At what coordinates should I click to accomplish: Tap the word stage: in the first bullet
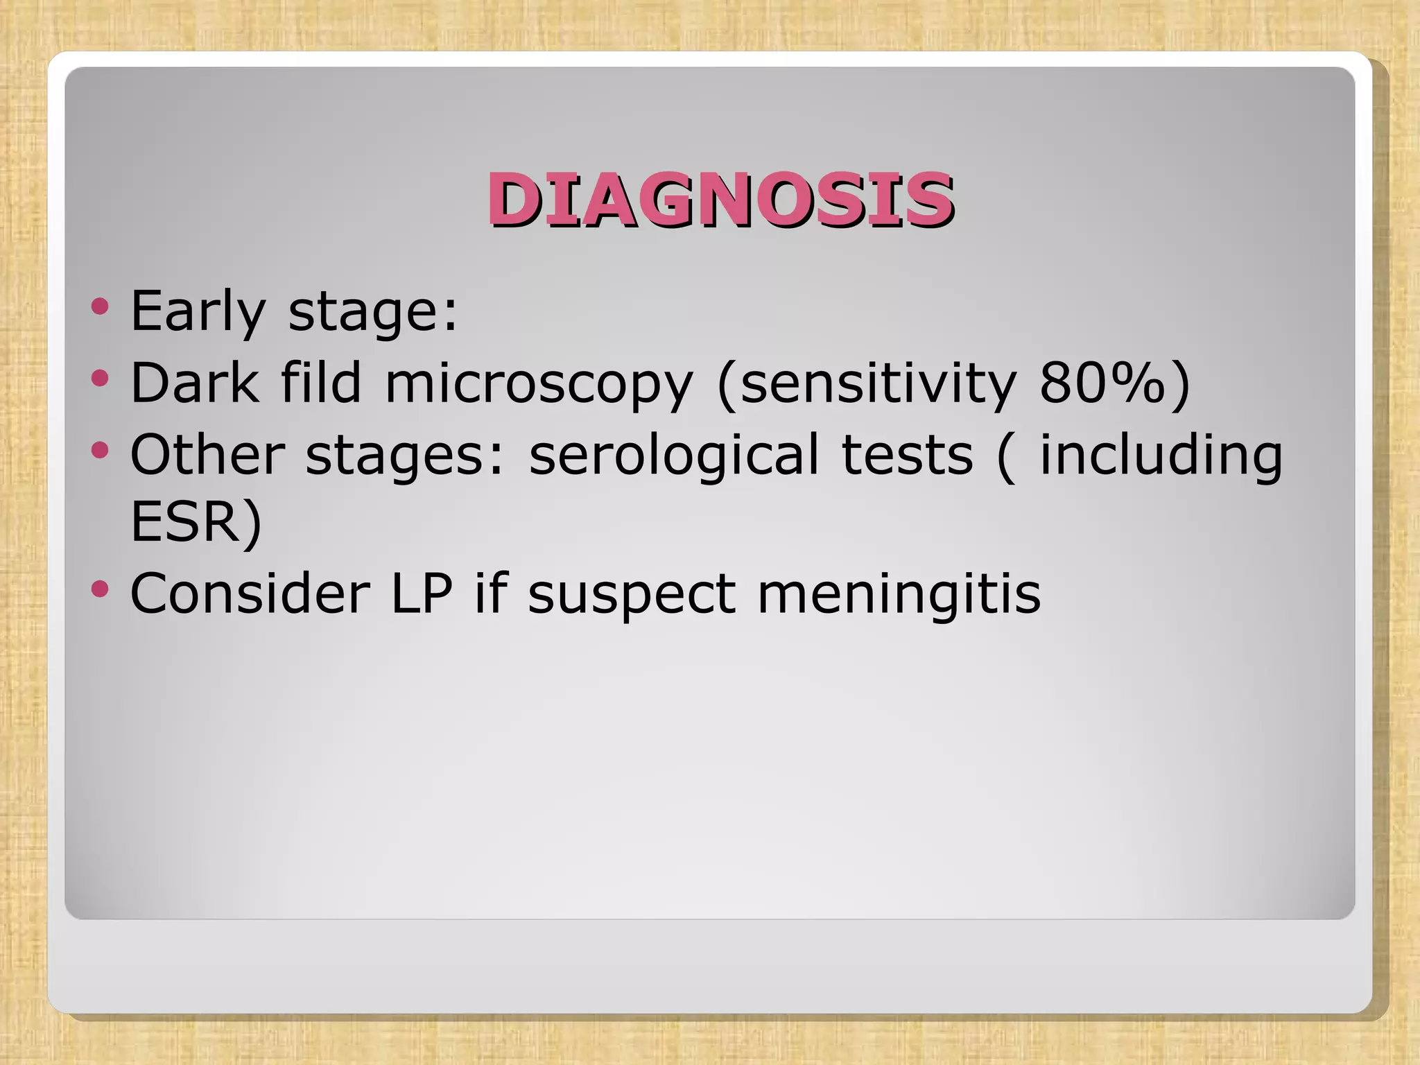pyautogui.click(x=372, y=312)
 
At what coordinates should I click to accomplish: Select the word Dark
pyautogui.click(x=194, y=383)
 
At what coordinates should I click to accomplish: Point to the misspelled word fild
pyautogui.click(x=321, y=383)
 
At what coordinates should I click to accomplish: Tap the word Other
pyautogui.click(x=207, y=454)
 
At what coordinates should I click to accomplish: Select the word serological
pyautogui.click(x=673, y=456)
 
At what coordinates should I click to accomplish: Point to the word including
pyautogui.click(x=1161, y=456)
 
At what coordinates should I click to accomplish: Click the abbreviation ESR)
pyautogui.click(x=196, y=522)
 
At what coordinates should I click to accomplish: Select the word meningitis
pyautogui.click(x=899, y=595)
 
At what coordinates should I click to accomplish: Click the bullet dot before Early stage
pyautogui.click(x=101, y=306)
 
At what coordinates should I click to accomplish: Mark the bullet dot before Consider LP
pyautogui.click(x=101, y=589)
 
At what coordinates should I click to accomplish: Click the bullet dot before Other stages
pyautogui.click(x=101, y=450)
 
